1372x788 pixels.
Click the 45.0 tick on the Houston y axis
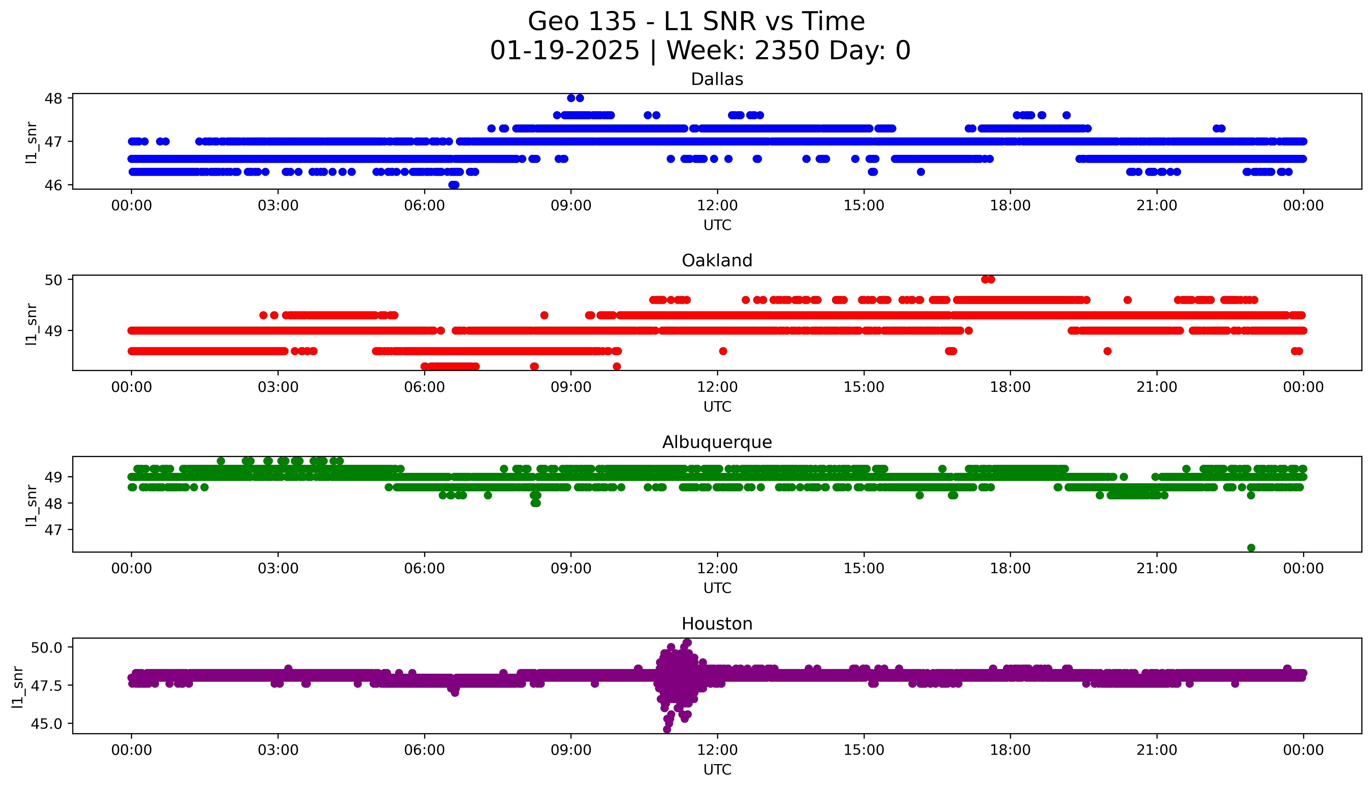pos(47,724)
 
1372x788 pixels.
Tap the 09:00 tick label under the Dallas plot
pos(571,206)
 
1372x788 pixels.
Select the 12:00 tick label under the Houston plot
pos(717,750)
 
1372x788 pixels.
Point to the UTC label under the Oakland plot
pos(717,406)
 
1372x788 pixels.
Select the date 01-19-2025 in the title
pos(564,51)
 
